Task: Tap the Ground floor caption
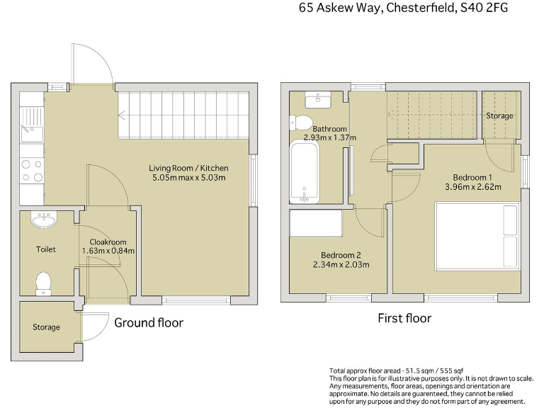(x=149, y=323)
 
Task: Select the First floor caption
(x=404, y=318)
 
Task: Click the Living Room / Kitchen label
(x=188, y=168)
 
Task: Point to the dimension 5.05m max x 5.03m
(x=188, y=178)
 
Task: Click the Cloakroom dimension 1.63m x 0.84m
(x=108, y=250)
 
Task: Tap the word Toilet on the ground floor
(x=46, y=249)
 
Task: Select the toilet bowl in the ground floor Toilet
(x=44, y=283)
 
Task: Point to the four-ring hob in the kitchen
(x=32, y=171)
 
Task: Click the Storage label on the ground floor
(x=46, y=327)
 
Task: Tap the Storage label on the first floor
(x=499, y=115)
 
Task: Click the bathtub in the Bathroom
(x=305, y=171)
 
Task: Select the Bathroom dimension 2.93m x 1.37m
(x=329, y=137)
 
